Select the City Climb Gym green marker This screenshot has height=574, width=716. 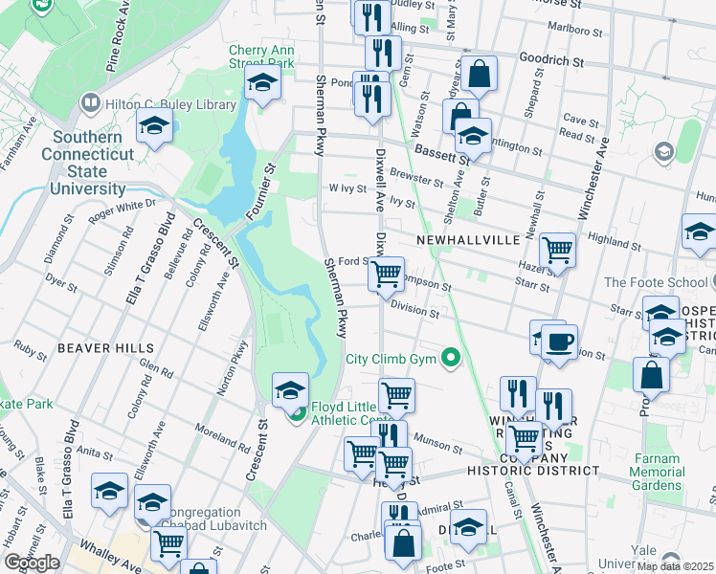point(449,360)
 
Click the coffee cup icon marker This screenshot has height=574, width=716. point(559,342)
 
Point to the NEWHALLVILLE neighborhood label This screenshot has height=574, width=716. point(467,238)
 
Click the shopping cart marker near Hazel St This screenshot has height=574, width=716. point(557,251)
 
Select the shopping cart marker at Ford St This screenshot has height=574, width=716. point(386,274)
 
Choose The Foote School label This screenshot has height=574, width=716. point(653,282)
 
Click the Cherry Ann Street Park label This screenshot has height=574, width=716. point(260,56)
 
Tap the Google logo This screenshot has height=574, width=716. point(32,563)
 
